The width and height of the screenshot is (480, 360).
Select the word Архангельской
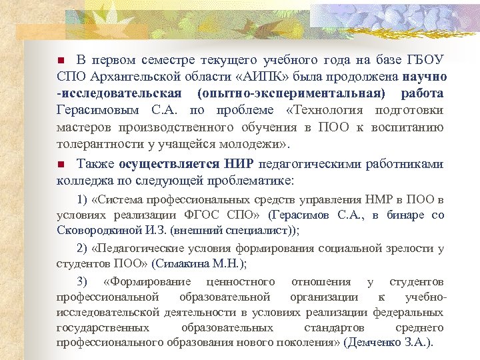click(x=127, y=75)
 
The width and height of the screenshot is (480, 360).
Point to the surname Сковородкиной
click(x=97, y=230)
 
